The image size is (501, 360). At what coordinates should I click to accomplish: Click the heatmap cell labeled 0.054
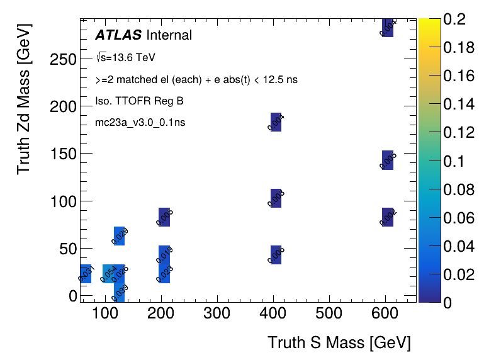point(108,274)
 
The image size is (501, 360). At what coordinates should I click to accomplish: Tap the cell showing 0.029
point(119,236)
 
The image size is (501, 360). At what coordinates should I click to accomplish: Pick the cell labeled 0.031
point(86,274)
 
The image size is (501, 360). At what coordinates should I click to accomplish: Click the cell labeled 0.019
point(164,255)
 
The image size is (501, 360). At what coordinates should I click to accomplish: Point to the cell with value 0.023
point(164,274)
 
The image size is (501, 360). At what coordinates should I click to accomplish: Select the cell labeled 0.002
point(388,217)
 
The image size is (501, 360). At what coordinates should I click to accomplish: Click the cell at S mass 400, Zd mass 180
point(276,122)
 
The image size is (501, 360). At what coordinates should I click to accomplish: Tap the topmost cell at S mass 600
point(388,28)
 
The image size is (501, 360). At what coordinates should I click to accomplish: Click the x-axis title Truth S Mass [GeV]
point(339,342)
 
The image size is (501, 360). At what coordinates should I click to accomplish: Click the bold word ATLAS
point(118,35)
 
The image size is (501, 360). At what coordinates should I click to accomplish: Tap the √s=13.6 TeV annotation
point(126,57)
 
